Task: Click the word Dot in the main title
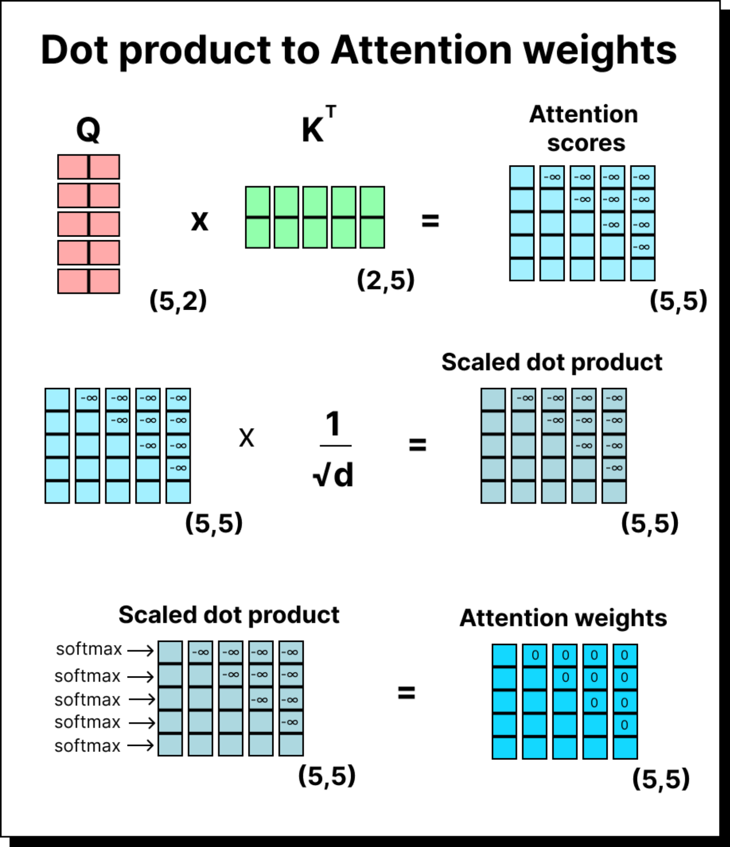(75, 50)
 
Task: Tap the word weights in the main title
(600, 51)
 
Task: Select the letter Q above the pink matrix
(89, 130)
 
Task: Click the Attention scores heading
(584, 129)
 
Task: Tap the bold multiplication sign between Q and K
(200, 221)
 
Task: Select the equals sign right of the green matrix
(430, 221)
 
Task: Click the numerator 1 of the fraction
(333, 424)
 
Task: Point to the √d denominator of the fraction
(333, 476)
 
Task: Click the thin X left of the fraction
(246, 438)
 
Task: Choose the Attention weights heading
(563, 618)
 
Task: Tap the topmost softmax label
(89, 649)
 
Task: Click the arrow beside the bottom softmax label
(140, 745)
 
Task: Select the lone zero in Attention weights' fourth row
(625, 725)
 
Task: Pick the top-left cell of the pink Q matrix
(73, 167)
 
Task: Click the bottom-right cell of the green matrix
(372, 233)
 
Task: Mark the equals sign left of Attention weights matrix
(407, 693)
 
